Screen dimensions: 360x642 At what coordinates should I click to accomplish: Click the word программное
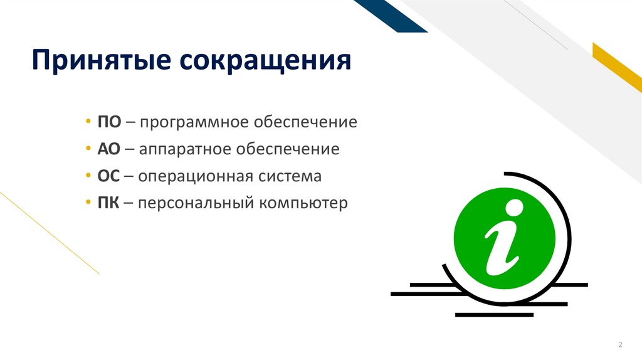[x=187, y=122]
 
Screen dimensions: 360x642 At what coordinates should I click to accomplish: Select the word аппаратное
[x=186, y=150]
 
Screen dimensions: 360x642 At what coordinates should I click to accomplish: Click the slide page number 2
[x=620, y=345]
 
